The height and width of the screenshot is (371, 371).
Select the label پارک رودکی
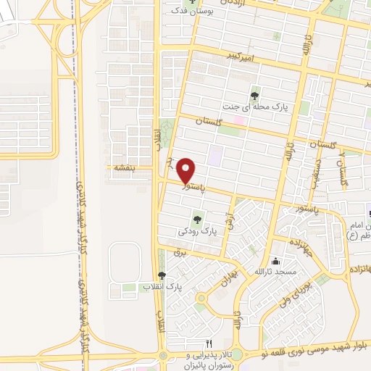[x=197, y=232]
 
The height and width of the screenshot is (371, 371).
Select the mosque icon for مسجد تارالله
[x=275, y=261]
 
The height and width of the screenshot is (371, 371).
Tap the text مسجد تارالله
[x=274, y=272]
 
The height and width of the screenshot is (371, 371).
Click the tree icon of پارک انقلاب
[x=161, y=275]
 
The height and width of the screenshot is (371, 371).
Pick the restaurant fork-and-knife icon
[x=209, y=343]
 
